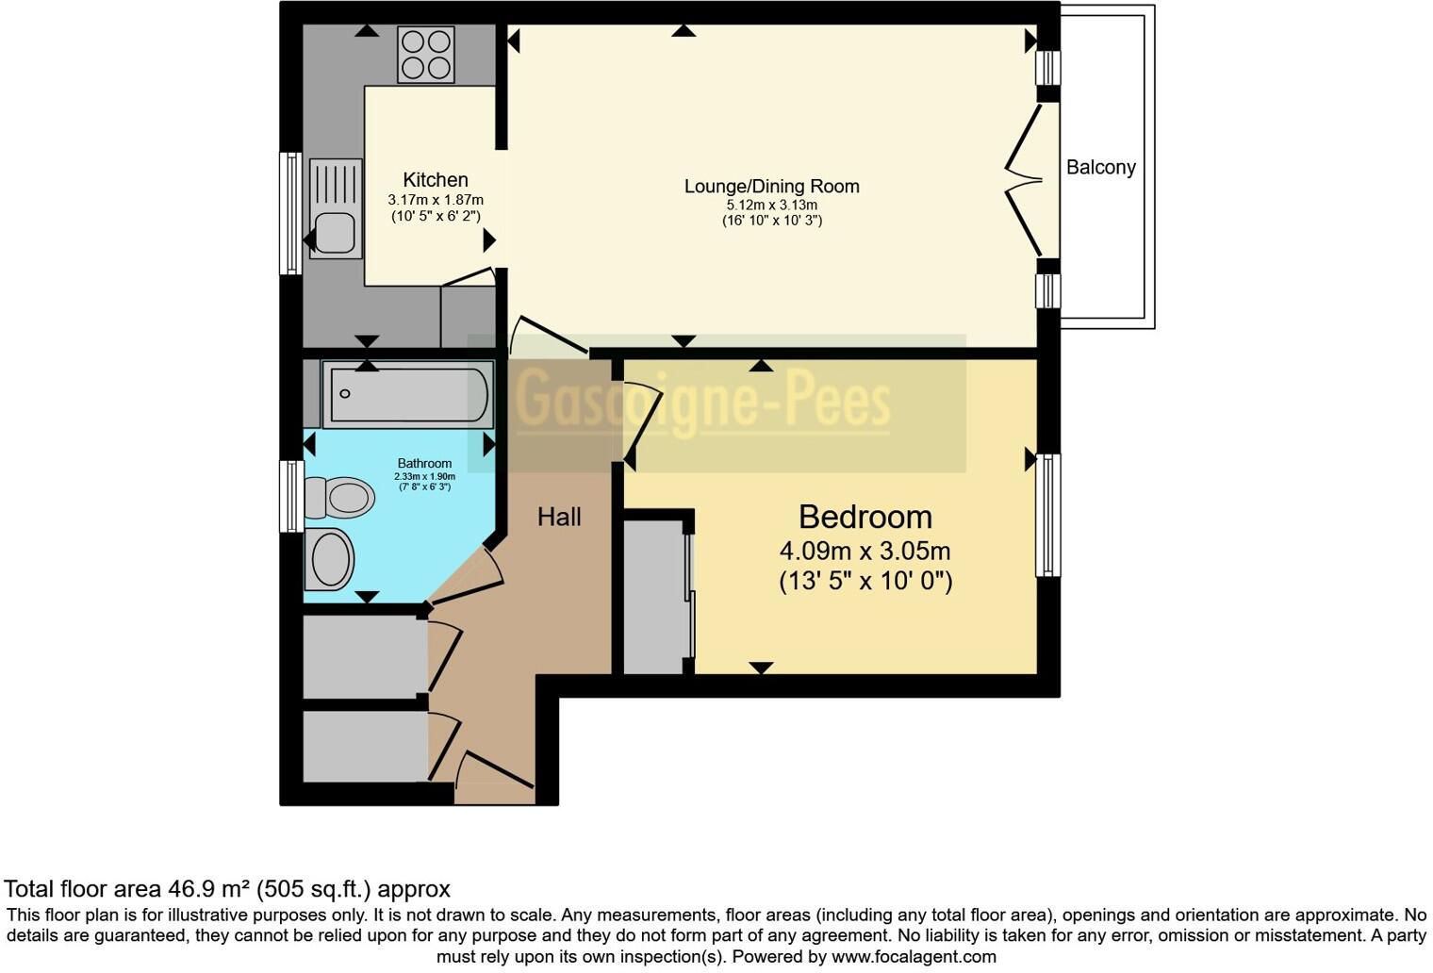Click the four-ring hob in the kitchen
tap(426, 55)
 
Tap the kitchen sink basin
tap(334, 232)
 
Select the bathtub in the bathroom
tap(406, 393)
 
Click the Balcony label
tap(1100, 168)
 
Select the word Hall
tap(559, 517)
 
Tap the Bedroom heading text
tap(865, 517)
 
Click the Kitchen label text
tap(435, 179)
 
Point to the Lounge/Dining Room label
tap(771, 186)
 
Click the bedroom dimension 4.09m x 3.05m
tap(865, 551)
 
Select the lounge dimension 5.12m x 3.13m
tap(771, 205)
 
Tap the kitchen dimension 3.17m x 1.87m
tap(435, 200)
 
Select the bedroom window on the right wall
tap(1047, 515)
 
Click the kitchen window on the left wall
tap(291, 213)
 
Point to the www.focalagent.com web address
tap(912, 956)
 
